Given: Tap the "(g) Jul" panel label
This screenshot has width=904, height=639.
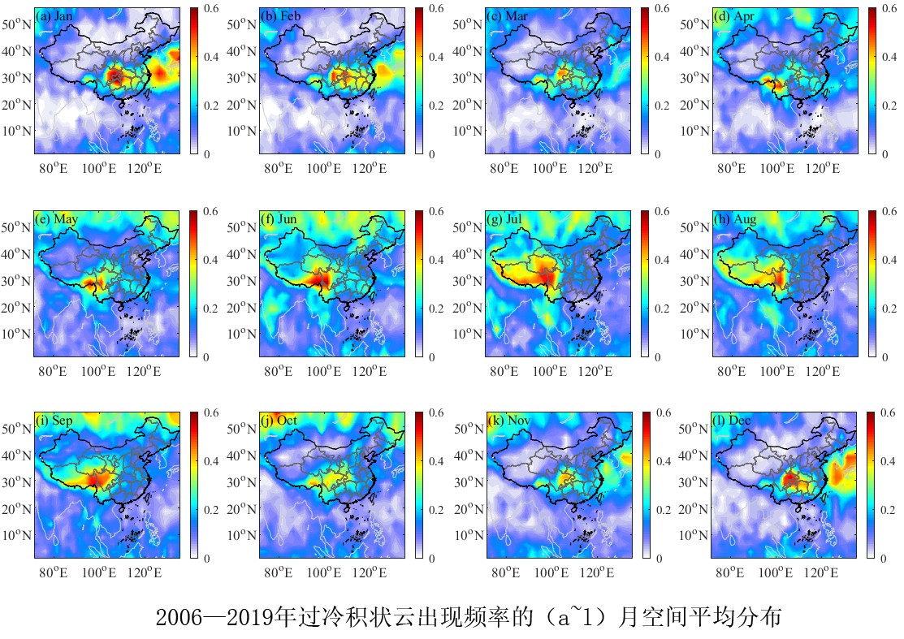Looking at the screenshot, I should [506, 219].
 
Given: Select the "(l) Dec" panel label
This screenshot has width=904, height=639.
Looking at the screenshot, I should [732, 421].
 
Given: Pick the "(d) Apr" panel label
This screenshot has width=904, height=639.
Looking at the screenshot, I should [732, 16].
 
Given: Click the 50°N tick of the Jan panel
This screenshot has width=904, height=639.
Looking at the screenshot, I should [16, 24].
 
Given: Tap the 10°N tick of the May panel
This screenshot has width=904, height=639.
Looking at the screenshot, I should [16, 334].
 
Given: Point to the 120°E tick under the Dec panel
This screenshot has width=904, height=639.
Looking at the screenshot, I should [822, 573].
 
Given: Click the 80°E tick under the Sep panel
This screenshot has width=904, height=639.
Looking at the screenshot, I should [53, 573].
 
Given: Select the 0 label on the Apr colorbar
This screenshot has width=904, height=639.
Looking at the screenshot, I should [884, 153].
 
